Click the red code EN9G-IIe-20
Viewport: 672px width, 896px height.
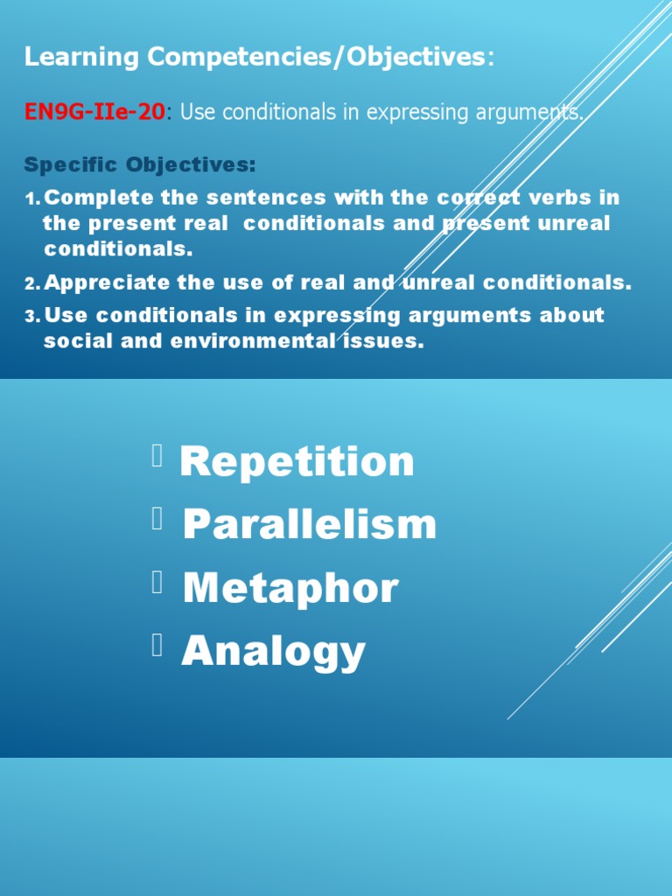(x=94, y=113)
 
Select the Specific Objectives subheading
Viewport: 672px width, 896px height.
(x=140, y=164)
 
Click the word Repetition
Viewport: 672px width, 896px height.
(x=297, y=461)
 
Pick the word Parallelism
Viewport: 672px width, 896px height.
(x=309, y=524)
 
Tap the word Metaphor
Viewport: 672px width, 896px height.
(x=290, y=588)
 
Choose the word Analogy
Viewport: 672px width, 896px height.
(x=273, y=652)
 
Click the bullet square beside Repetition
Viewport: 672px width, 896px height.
(x=157, y=455)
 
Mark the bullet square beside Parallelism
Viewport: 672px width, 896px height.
(x=157, y=519)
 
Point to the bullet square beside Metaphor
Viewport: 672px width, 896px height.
(x=157, y=582)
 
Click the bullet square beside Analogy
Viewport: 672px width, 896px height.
(x=157, y=646)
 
